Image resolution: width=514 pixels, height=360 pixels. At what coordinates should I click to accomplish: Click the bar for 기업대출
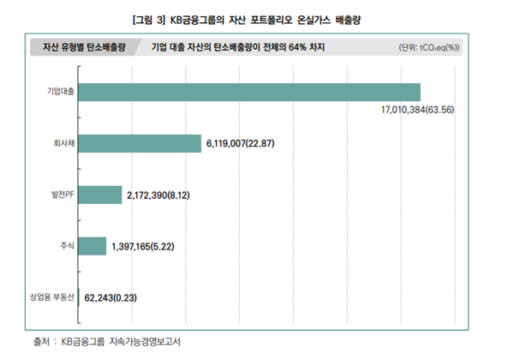[249, 92]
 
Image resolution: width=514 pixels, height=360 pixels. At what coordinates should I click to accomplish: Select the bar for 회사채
[139, 143]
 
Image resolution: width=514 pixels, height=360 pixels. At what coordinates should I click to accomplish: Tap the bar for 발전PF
[100, 195]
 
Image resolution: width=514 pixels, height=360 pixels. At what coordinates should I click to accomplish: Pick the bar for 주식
[93, 246]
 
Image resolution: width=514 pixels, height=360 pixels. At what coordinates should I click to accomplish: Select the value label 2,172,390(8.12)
[158, 195]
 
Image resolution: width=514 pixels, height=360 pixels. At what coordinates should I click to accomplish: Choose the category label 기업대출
[61, 92]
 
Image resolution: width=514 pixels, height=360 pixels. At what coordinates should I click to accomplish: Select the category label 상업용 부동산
[52, 297]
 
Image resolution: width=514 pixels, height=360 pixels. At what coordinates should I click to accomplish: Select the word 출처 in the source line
[41, 342]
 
